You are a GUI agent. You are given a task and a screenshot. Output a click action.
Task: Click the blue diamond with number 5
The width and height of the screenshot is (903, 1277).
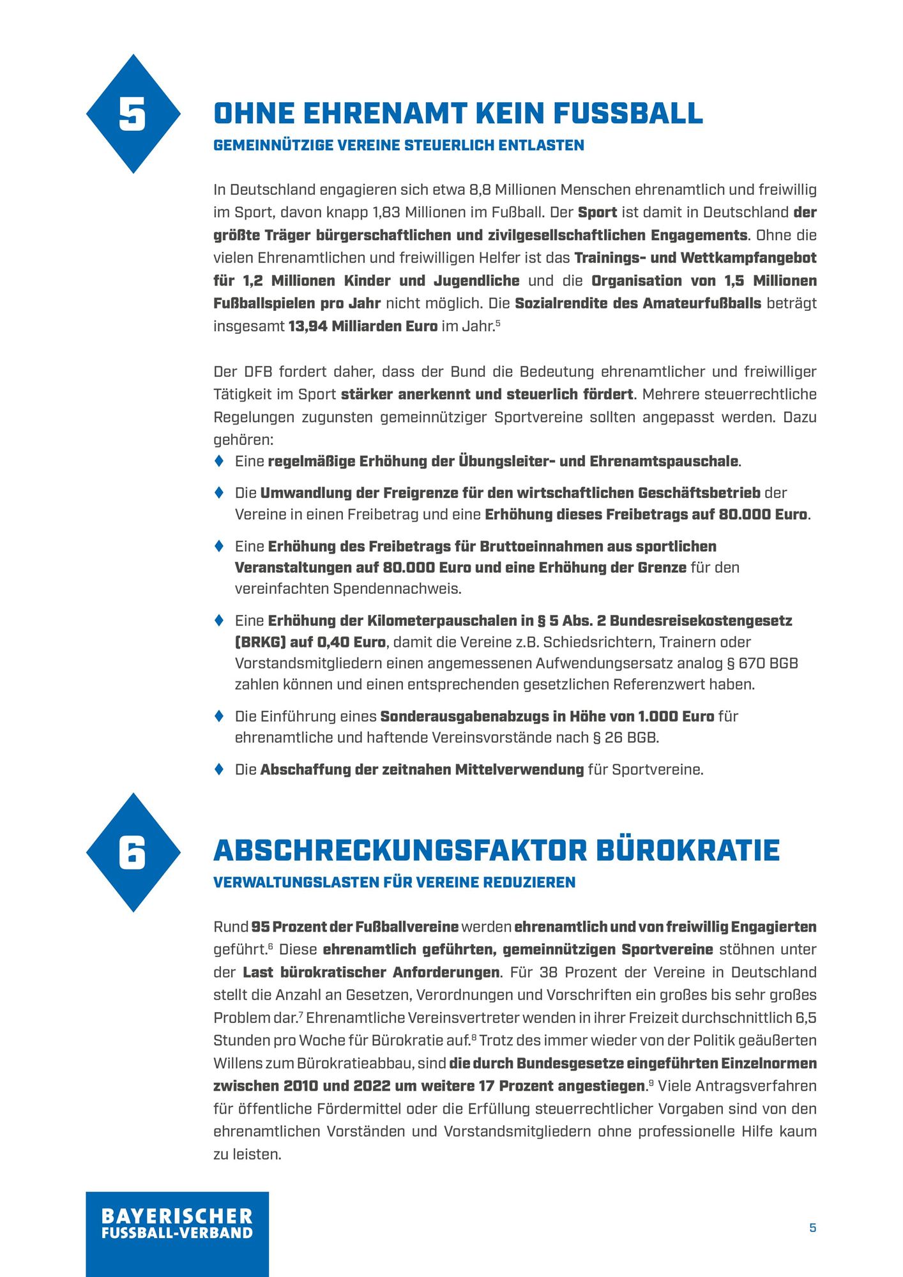[x=133, y=114]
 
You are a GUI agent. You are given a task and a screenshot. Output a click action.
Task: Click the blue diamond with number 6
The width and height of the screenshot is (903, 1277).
[x=133, y=852]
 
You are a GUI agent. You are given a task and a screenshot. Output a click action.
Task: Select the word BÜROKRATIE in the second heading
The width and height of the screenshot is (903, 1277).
[x=688, y=850]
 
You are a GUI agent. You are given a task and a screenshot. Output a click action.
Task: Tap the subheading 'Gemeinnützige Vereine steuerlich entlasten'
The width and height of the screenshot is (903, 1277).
[x=398, y=146]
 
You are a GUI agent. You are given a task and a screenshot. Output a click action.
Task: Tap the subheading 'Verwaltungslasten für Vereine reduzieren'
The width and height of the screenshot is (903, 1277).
[x=394, y=882]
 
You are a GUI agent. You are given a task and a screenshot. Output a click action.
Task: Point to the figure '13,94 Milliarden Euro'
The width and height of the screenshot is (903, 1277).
[x=363, y=326]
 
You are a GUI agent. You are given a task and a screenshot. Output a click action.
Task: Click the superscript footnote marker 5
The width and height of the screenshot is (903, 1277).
[x=497, y=323]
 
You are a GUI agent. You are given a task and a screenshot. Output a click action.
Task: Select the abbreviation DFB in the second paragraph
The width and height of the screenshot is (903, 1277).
[x=252, y=372]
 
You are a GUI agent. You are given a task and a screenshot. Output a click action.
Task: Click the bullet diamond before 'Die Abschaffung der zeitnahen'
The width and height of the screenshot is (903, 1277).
[x=219, y=769]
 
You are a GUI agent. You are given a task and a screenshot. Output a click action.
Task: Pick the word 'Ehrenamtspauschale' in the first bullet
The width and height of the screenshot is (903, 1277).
[x=664, y=461]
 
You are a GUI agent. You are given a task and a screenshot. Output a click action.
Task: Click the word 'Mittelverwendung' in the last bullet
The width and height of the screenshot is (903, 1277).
[x=519, y=769]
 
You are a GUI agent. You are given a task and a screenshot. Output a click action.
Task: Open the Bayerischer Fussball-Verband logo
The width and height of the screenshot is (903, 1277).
[x=177, y=1233]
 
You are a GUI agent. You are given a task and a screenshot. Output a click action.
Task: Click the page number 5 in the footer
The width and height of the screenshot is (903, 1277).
[x=812, y=1228]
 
